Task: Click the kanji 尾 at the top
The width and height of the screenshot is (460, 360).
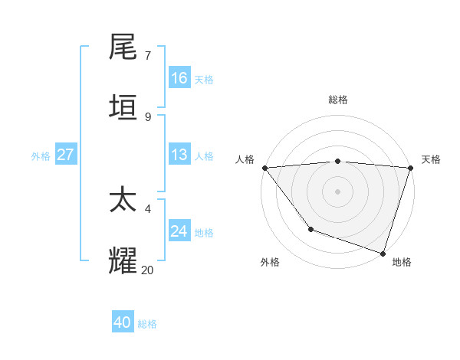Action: (x=123, y=47)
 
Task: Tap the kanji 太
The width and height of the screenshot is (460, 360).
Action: (x=123, y=201)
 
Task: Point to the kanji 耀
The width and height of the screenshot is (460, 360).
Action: (x=123, y=261)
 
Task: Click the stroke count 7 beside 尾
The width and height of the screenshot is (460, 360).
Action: (x=148, y=56)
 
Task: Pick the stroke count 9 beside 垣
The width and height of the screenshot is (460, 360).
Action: (x=148, y=117)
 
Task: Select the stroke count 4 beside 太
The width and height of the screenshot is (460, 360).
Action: (x=148, y=208)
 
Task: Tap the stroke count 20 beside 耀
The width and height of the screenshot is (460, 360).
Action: (x=147, y=270)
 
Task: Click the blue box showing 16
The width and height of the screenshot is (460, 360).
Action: (x=179, y=78)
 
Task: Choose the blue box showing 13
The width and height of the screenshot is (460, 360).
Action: (x=179, y=155)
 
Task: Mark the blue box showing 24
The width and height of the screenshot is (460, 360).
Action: (x=179, y=231)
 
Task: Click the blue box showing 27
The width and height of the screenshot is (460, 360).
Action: (x=66, y=155)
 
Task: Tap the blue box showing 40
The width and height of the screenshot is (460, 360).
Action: (x=123, y=322)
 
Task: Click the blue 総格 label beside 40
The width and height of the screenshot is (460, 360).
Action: (x=147, y=324)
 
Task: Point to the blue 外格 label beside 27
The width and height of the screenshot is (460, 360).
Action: (x=41, y=156)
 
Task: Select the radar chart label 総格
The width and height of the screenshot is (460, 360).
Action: (x=338, y=100)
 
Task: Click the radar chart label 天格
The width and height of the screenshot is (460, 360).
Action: (x=431, y=159)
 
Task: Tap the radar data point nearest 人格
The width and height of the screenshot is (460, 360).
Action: (x=264, y=168)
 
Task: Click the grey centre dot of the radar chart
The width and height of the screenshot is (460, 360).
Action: (x=338, y=191)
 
